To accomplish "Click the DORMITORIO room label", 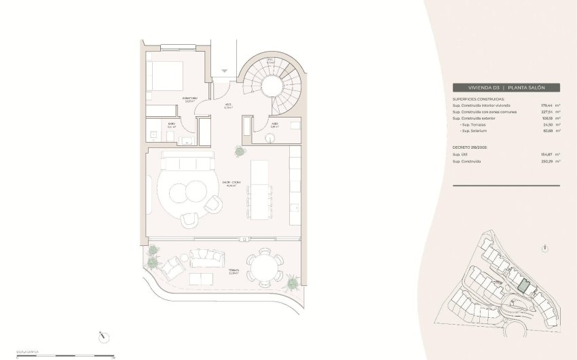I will click(x=190, y=99).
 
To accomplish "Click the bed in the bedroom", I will click(x=165, y=75).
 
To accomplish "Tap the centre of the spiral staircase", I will click(x=274, y=85).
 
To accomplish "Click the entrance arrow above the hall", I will click(x=225, y=71).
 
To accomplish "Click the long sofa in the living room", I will click(x=185, y=162).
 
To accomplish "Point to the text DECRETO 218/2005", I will click(x=471, y=147).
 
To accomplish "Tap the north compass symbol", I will click(x=103, y=335).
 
